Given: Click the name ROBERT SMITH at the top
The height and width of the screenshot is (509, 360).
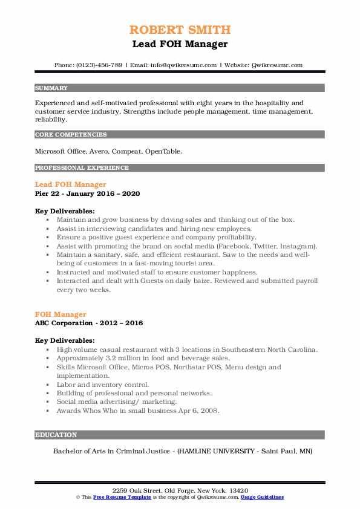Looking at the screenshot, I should click(x=180, y=30).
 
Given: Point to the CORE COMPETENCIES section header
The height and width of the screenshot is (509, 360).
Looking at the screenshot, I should click(x=71, y=135).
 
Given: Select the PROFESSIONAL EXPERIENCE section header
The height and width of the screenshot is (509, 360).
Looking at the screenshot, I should click(x=82, y=167).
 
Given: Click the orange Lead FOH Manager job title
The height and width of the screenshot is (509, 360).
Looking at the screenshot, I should click(x=71, y=184).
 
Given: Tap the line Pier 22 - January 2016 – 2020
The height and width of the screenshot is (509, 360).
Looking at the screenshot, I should click(x=88, y=193).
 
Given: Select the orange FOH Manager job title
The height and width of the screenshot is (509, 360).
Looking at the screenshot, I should click(x=61, y=314).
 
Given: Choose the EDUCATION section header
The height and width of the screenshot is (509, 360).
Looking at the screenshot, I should click(x=56, y=435).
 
